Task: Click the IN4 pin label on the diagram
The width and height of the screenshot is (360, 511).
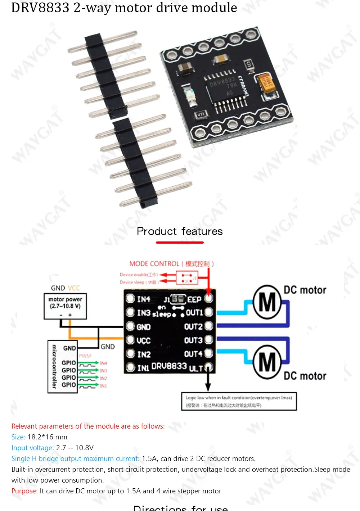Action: tap(143, 299)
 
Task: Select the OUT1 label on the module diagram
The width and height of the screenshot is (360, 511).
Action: tap(194, 313)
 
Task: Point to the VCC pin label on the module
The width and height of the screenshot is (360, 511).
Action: tap(143, 340)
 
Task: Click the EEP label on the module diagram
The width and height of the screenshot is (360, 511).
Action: tap(194, 299)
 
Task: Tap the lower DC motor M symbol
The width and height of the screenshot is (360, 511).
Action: tap(267, 362)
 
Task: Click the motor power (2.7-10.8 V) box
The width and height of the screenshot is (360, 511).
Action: tap(65, 306)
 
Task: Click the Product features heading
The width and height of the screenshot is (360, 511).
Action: tap(180, 231)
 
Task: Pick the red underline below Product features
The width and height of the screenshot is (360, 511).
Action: tap(180, 243)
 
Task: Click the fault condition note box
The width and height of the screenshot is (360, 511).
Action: tap(239, 401)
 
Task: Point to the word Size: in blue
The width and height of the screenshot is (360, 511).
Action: tap(18, 437)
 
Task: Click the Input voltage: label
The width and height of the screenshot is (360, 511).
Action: tap(32, 448)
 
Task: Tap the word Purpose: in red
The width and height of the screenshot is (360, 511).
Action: tap(24, 491)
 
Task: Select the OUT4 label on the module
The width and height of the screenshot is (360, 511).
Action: tap(193, 354)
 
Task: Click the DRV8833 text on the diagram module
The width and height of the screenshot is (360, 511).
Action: tap(169, 366)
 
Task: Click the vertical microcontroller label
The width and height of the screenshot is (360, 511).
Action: tap(54, 367)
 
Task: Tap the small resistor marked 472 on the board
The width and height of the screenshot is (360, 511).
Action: tap(201, 114)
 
